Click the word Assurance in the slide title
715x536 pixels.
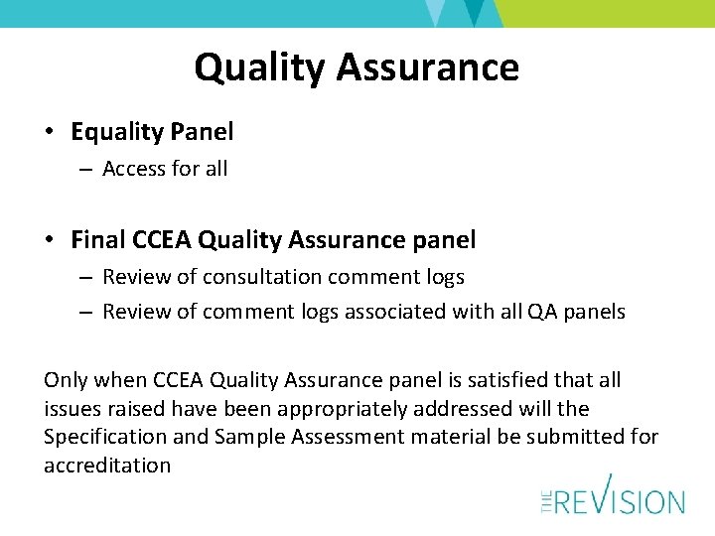point(427,67)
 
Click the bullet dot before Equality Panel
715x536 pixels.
point(51,132)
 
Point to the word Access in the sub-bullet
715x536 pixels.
point(133,169)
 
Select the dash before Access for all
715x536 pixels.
point(85,170)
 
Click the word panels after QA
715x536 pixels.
point(594,312)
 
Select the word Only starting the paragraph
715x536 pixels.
point(67,380)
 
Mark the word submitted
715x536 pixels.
point(575,438)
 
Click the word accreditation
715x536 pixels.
point(107,466)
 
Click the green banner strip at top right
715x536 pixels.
point(606,13)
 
